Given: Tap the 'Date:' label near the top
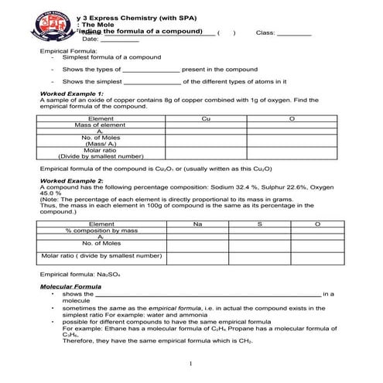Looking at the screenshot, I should click(90, 39).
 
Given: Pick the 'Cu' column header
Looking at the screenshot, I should click(205, 118).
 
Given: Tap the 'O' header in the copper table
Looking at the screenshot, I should click(292, 118).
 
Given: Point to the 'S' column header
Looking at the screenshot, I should click(259, 224).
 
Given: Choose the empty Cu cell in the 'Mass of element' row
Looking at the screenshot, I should click(205, 125).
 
